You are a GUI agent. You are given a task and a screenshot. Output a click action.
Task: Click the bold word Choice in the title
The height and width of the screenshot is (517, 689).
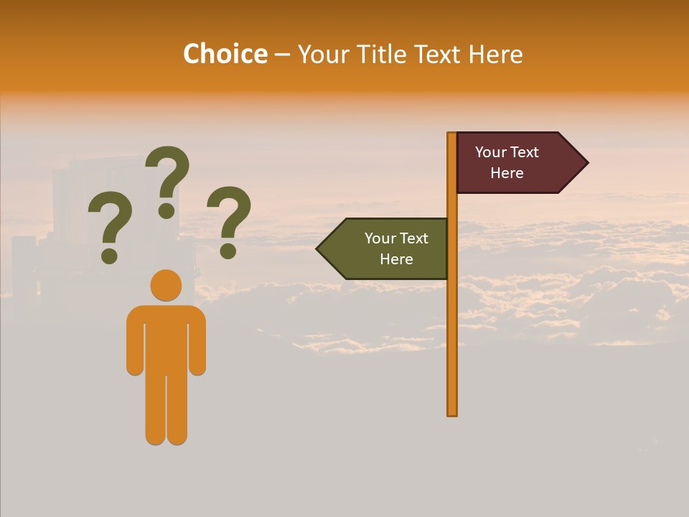pos(225,55)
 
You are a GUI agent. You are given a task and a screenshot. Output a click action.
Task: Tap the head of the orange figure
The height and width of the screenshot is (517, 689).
pos(166,285)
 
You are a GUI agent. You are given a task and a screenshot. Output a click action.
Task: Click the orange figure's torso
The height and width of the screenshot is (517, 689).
pos(166,337)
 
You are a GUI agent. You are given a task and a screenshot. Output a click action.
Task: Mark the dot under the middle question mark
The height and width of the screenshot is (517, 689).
pos(167,210)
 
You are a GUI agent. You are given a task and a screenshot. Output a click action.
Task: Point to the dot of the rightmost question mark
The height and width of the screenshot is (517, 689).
pos(228,251)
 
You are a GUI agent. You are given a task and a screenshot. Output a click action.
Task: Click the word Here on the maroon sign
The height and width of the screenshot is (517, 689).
pos(507,173)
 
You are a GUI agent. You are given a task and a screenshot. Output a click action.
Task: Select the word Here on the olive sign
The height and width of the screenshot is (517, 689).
pos(396,259)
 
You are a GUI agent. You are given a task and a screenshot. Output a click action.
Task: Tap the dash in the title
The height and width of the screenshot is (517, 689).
pos(282,55)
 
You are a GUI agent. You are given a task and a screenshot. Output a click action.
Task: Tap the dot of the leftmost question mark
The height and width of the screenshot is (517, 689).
pos(109,256)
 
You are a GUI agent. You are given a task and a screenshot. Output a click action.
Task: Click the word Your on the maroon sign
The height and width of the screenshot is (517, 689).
pos(491,152)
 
